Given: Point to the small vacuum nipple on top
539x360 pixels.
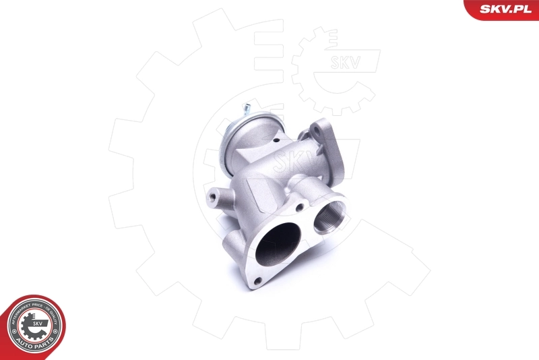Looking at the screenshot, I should tap(247, 108).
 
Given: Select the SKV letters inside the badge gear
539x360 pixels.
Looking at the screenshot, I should tap(36, 324).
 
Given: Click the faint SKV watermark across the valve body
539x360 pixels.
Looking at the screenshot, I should tap(286, 162).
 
